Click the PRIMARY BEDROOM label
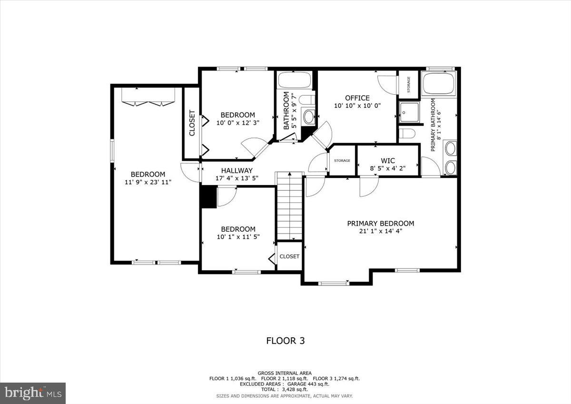point(380,223)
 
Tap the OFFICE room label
point(357,98)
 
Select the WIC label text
point(388,161)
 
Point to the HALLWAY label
point(236,170)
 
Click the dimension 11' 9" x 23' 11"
point(148,182)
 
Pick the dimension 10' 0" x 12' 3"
point(237,123)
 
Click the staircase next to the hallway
point(290,206)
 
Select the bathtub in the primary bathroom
point(439,83)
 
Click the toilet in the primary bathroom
point(407,133)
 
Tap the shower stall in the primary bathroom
point(409,112)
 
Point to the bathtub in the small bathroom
point(295,79)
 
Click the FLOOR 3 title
point(285,341)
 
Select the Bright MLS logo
point(33,393)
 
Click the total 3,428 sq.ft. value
point(285,389)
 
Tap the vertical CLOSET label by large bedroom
point(192,123)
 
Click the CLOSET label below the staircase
point(289,256)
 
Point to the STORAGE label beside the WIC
point(342,161)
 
